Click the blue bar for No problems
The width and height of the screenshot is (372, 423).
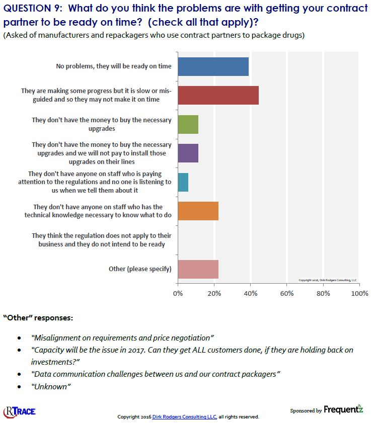213,66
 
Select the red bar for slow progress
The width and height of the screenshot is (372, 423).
218,95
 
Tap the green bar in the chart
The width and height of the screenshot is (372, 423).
188,124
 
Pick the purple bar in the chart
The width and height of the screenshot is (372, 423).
188,153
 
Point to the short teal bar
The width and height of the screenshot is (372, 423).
183,182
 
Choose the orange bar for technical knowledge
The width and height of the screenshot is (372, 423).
198,211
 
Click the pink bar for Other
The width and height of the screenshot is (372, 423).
198,269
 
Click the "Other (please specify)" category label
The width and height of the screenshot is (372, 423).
140,269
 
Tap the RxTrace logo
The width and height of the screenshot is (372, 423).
20,410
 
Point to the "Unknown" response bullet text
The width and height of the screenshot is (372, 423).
51,386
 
